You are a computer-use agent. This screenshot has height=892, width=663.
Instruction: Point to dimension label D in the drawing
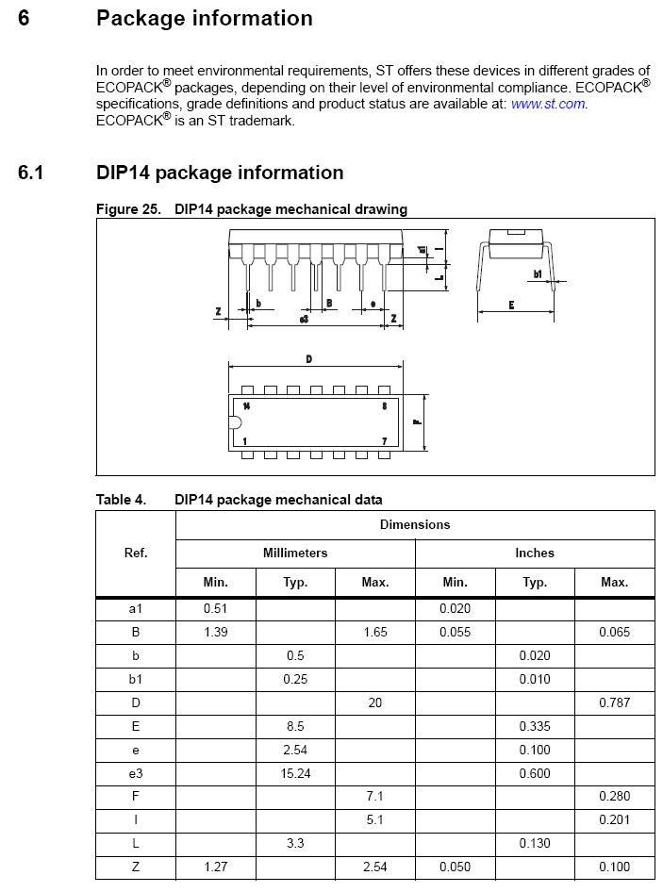click(x=309, y=358)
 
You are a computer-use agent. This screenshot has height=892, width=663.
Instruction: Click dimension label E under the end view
click(x=511, y=305)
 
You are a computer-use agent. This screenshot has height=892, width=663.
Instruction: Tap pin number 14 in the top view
click(x=246, y=405)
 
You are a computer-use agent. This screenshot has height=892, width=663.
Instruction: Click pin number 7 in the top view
click(x=384, y=440)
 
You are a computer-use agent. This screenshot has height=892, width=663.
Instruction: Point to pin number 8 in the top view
click(x=384, y=405)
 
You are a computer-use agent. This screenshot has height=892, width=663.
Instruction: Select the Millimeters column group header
click(x=295, y=553)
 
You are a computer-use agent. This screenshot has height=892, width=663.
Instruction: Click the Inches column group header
click(x=535, y=553)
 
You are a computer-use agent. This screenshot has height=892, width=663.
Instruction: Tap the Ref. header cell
click(x=136, y=553)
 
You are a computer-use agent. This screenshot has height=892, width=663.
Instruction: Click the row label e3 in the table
click(x=136, y=773)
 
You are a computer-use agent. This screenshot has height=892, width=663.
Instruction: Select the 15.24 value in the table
click(x=295, y=773)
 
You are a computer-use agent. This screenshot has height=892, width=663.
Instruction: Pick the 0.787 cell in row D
click(x=614, y=702)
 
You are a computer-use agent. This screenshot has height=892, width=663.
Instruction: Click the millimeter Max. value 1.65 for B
click(x=375, y=632)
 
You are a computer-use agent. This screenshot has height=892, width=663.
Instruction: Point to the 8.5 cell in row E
click(x=295, y=726)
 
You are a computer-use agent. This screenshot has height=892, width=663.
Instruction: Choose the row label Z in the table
click(x=136, y=867)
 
